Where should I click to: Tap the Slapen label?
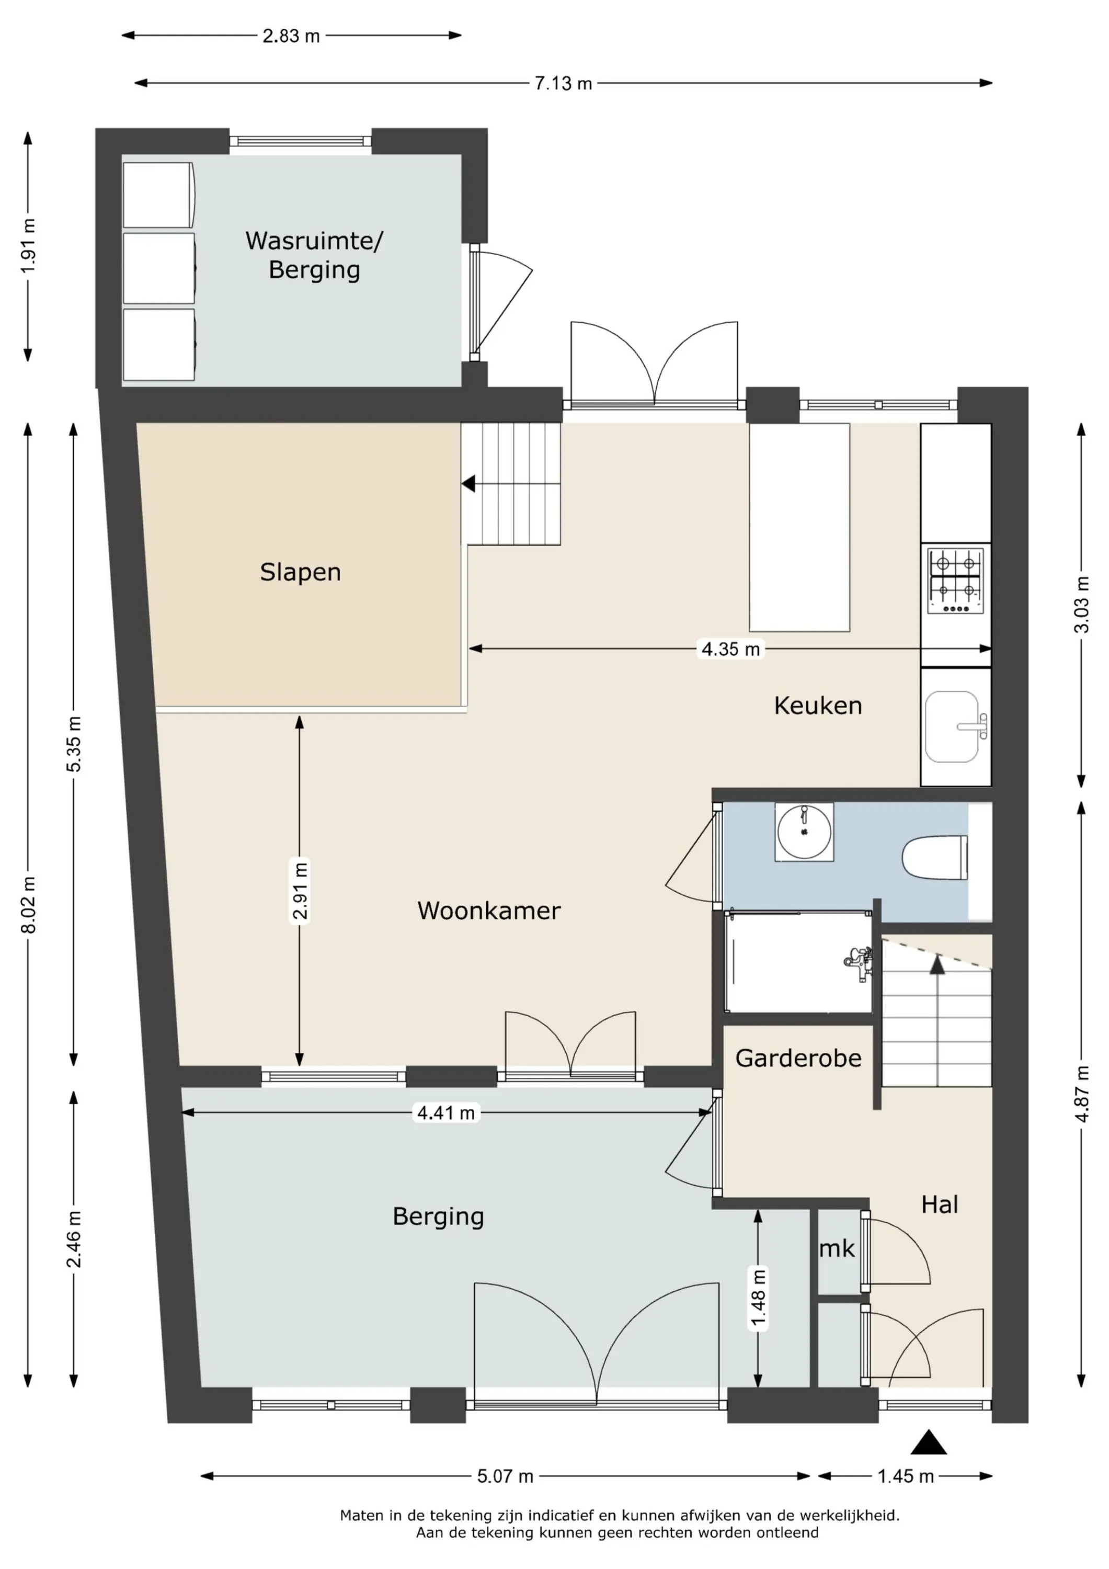(x=300, y=572)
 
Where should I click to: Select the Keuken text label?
(x=817, y=705)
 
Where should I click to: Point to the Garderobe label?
(x=798, y=1059)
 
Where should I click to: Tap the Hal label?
(x=940, y=1205)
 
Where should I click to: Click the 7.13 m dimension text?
(x=563, y=83)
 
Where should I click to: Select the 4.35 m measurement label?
(x=730, y=649)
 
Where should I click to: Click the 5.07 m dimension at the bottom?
(x=505, y=1477)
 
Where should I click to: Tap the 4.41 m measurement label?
(x=445, y=1113)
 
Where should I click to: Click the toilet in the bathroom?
(x=935, y=858)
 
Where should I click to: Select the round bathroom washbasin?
(x=804, y=832)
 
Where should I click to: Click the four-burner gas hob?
(x=955, y=582)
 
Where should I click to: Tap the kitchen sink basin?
(x=952, y=726)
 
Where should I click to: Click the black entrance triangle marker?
(x=929, y=1442)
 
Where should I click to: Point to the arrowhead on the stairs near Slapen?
(x=468, y=484)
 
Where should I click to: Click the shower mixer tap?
(x=858, y=963)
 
